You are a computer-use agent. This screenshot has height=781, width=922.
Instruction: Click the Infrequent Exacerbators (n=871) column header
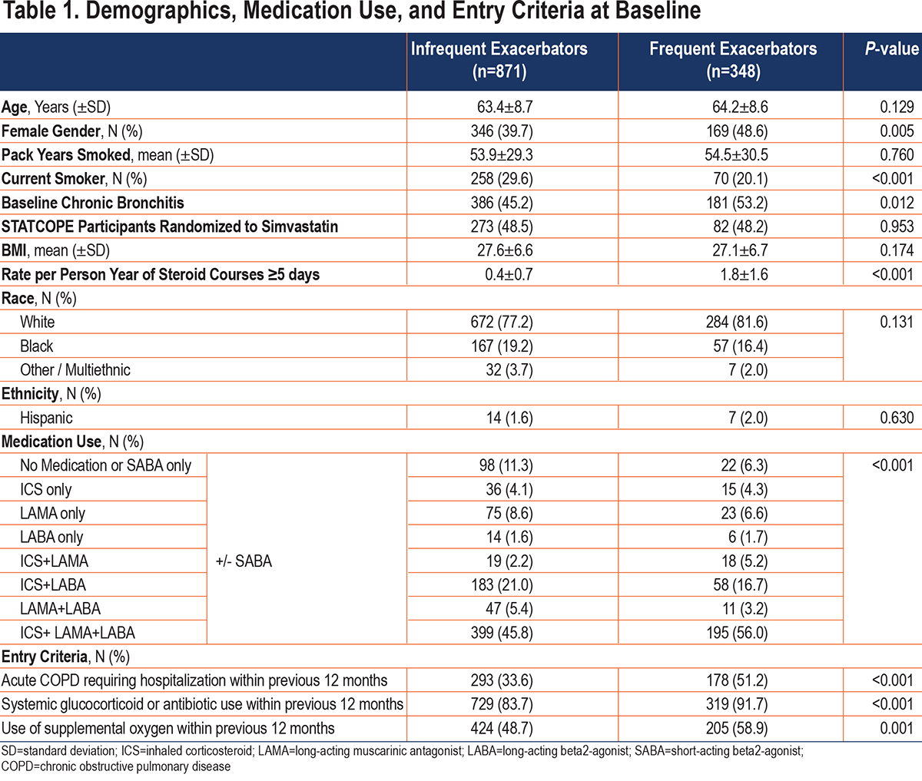499,60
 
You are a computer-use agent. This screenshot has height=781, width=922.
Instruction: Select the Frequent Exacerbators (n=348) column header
733,60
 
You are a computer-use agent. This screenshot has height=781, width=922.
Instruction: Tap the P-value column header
892,49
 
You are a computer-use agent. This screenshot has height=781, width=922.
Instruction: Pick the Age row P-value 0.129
897,107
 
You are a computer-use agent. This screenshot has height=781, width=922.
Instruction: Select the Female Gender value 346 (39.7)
502,131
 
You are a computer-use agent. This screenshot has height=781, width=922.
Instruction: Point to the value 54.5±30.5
736,154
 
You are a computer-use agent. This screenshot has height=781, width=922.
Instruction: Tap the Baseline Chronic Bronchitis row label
93,203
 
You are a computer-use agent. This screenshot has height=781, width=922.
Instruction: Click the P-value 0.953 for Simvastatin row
897,227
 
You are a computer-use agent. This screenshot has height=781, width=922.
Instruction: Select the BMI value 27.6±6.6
505,250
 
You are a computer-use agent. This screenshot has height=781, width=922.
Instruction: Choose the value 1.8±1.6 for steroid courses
744,274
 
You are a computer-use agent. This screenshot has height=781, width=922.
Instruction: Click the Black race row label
37,346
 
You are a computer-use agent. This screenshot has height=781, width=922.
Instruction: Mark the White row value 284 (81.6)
736,322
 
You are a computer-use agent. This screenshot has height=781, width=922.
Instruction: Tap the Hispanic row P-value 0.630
897,418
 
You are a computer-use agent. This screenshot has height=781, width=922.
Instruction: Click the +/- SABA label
244,561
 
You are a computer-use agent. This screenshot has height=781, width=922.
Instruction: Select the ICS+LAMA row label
54,561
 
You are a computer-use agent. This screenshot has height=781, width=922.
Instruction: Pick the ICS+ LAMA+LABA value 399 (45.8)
502,633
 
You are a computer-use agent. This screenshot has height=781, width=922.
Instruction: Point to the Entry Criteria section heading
65,657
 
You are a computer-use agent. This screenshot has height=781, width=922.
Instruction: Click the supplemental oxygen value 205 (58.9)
736,729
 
